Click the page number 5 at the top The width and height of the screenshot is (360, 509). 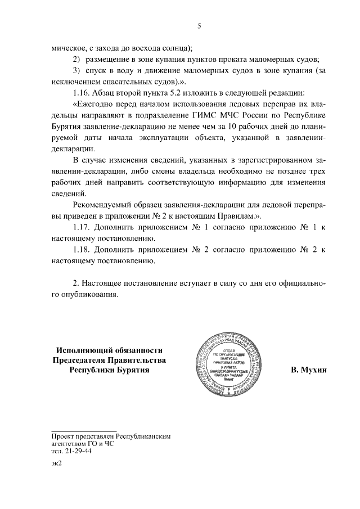coord(199,25)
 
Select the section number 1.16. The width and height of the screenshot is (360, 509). coord(82,92)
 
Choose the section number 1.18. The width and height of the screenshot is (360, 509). coord(82,249)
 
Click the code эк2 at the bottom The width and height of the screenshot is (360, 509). coord(56,463)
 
